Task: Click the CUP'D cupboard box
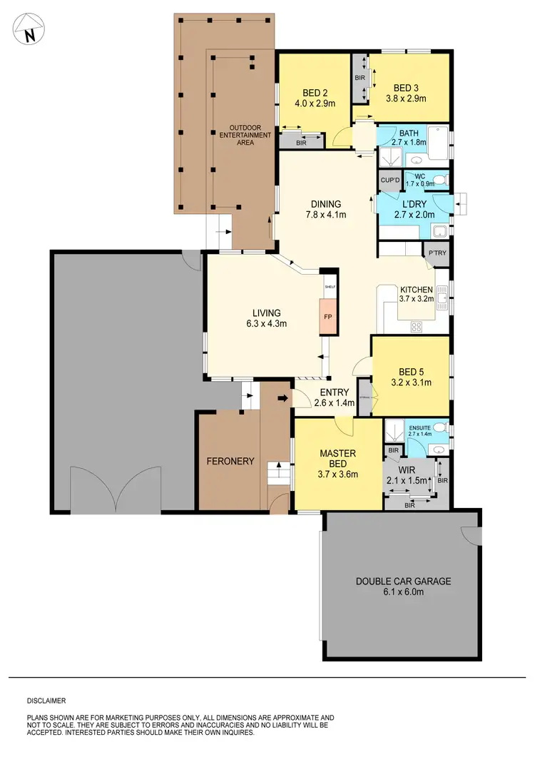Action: [x=389, y=181]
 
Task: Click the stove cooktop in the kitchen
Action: [x=416, y=327]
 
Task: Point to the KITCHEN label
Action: [x=415, y=289]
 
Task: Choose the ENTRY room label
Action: [x=334, y=392]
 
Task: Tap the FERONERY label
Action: [x=230, y=462]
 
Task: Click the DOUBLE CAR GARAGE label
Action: [x=403, y=581]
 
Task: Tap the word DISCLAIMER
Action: [x=46, y=701]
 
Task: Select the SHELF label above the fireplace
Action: [x=330, y=286]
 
